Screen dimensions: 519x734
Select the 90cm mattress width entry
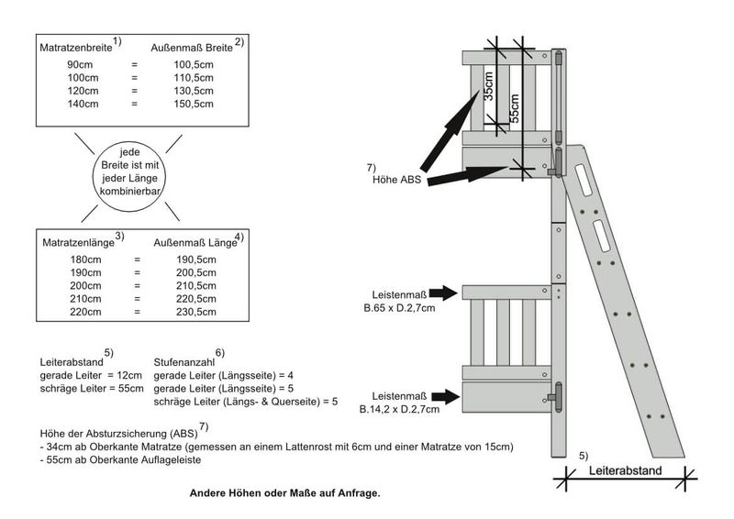(80, 66)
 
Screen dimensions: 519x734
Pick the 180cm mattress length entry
(84, 260)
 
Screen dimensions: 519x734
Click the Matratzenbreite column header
(75, 45)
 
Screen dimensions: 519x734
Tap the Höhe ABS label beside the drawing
(396, 180)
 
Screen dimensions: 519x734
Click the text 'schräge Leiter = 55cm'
(92, 388)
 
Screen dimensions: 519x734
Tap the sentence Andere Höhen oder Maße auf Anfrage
(284, 493)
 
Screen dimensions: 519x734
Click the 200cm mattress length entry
(84, 286)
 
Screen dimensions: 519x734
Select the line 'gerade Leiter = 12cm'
(92, 375)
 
